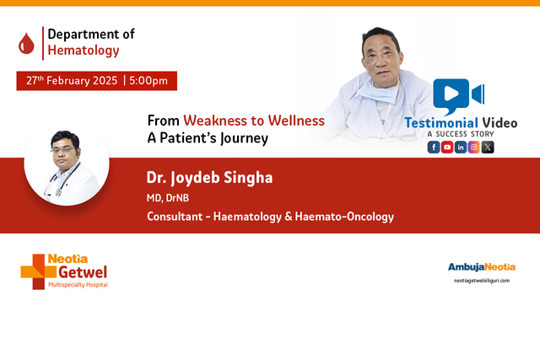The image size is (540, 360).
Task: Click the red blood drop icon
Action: click(27, 42)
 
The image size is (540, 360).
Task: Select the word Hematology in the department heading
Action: click(84, 51)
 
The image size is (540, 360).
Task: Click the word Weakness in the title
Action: click(217, 121)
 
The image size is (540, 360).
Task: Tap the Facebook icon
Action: click(434, 147)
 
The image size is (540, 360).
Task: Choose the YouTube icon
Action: click(447, 147)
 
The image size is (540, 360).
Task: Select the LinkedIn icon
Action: click(461, 147)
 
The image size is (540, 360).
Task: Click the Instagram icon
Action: click(474, 147)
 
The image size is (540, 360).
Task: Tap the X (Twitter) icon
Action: click(488, 147)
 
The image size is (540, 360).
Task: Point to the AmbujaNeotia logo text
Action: click(478, 266)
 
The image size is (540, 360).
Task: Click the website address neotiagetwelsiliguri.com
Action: click(482, 280)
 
